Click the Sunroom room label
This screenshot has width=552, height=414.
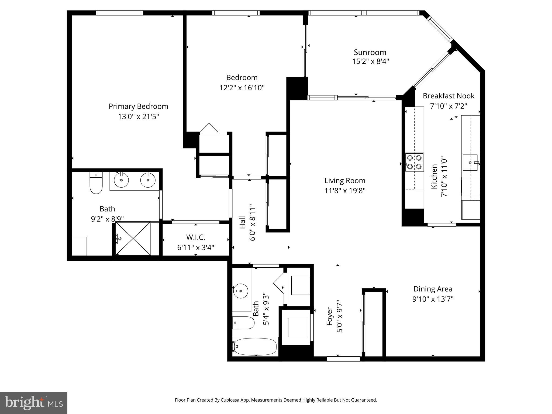tap(370, 52)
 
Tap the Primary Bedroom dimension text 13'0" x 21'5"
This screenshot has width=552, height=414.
tap(138, 117)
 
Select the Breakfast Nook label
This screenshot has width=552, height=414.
tap(448, 96)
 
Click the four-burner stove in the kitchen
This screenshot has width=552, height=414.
tap(414, 162)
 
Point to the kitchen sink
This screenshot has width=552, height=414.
tap(470, 163)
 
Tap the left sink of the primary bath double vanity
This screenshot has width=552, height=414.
tap(121, 180)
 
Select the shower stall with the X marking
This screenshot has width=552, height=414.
tap(133, 238)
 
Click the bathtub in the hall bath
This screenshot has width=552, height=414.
tap(255, 347)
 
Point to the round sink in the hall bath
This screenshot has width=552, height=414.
tap(240, 291)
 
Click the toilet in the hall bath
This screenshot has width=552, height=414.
tap(243, 323)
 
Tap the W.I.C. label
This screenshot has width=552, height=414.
tap(195, 237)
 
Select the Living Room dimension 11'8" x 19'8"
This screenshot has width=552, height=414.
tap(345, 191)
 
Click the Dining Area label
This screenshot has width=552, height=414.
tap(433, 289)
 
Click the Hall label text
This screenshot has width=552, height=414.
tap(242, 223)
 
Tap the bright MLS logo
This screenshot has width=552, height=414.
tap(34, 403)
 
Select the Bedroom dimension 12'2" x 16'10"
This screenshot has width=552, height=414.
tap(242, 88)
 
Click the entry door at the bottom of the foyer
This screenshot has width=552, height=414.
tap(343, 359)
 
